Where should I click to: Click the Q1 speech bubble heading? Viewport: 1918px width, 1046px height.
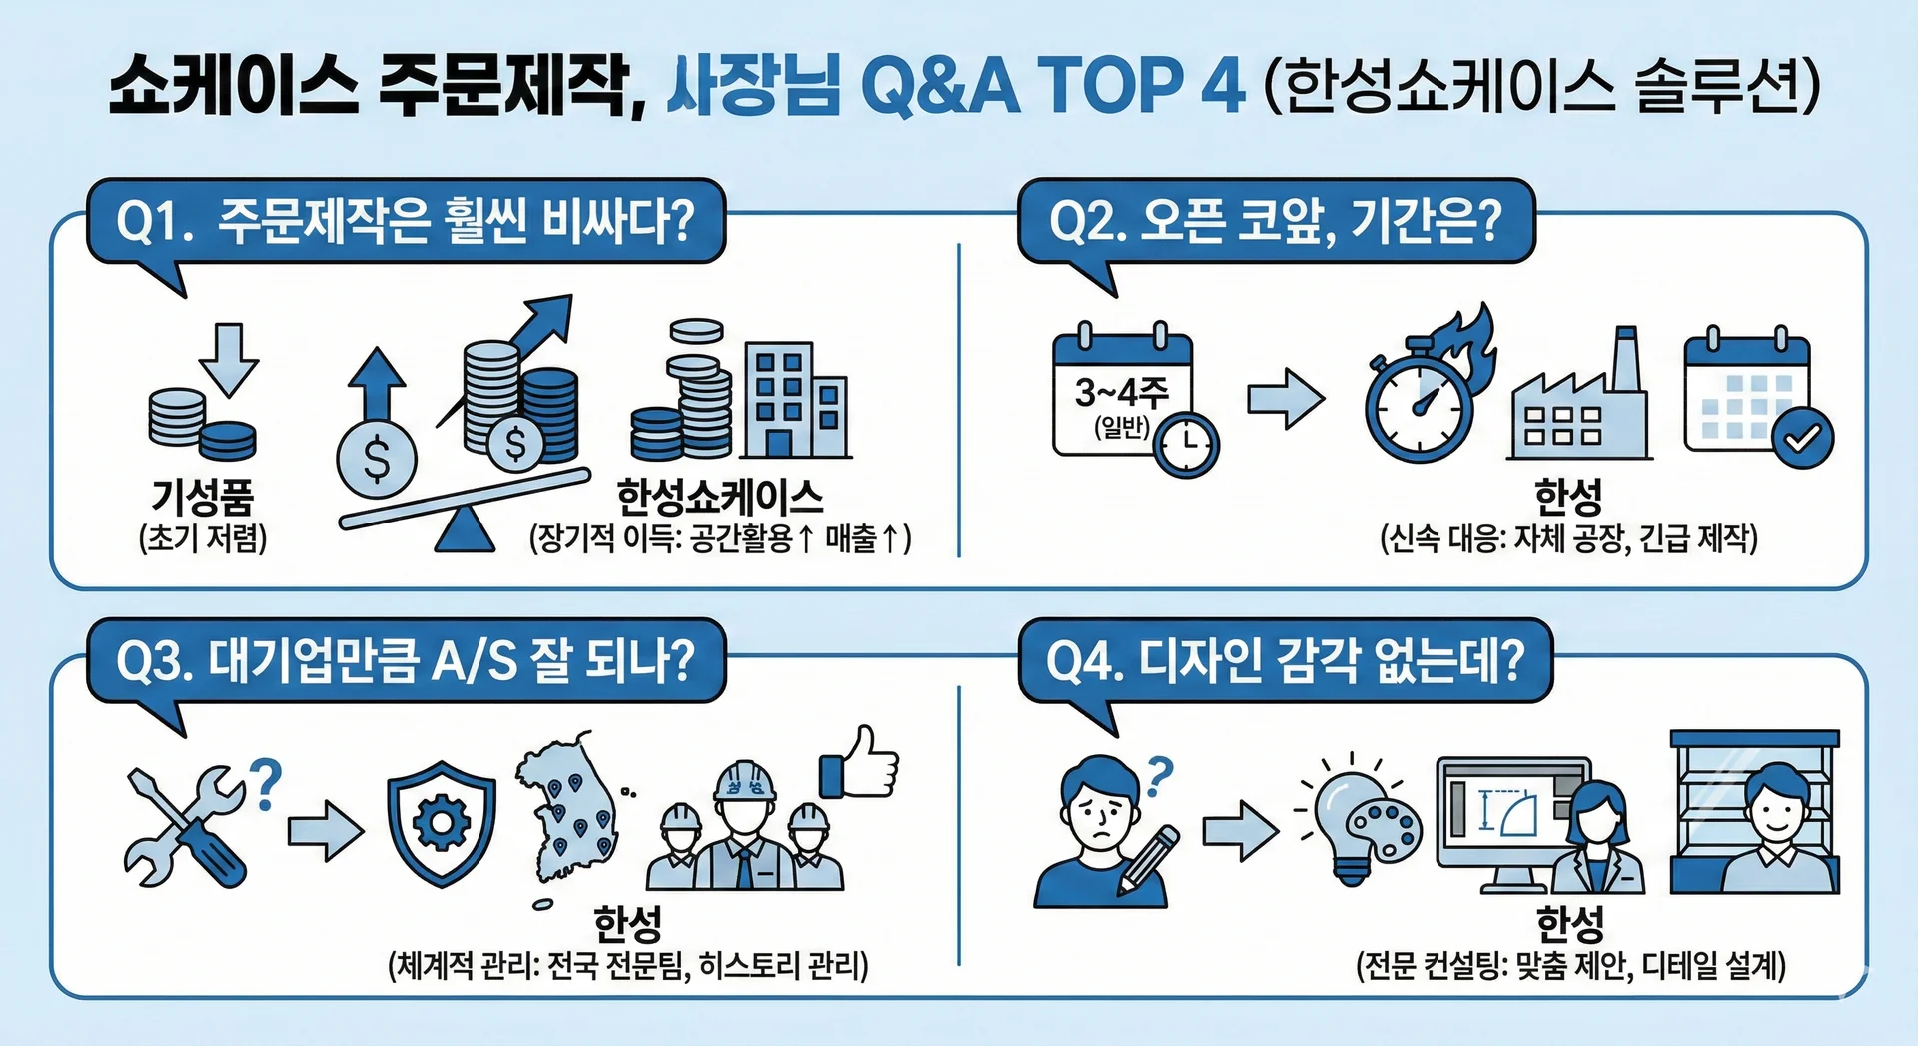pos(406,221)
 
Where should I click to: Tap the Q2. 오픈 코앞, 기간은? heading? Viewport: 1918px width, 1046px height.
pos(1276,221)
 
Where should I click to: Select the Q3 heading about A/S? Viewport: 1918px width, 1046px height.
pos(406,661)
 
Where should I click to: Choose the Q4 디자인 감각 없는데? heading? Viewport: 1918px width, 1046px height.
pos(1285,661)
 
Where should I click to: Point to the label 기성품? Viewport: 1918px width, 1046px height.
pos(203,496)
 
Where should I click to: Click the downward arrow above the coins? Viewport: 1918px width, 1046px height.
pos(229,359)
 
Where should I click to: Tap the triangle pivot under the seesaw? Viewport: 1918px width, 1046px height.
pos(465,529)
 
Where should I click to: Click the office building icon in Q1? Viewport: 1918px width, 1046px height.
pos(795,400)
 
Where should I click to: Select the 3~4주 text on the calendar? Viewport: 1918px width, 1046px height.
pos(1121,391)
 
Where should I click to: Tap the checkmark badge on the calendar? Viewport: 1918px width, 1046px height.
pos(1803,438)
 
